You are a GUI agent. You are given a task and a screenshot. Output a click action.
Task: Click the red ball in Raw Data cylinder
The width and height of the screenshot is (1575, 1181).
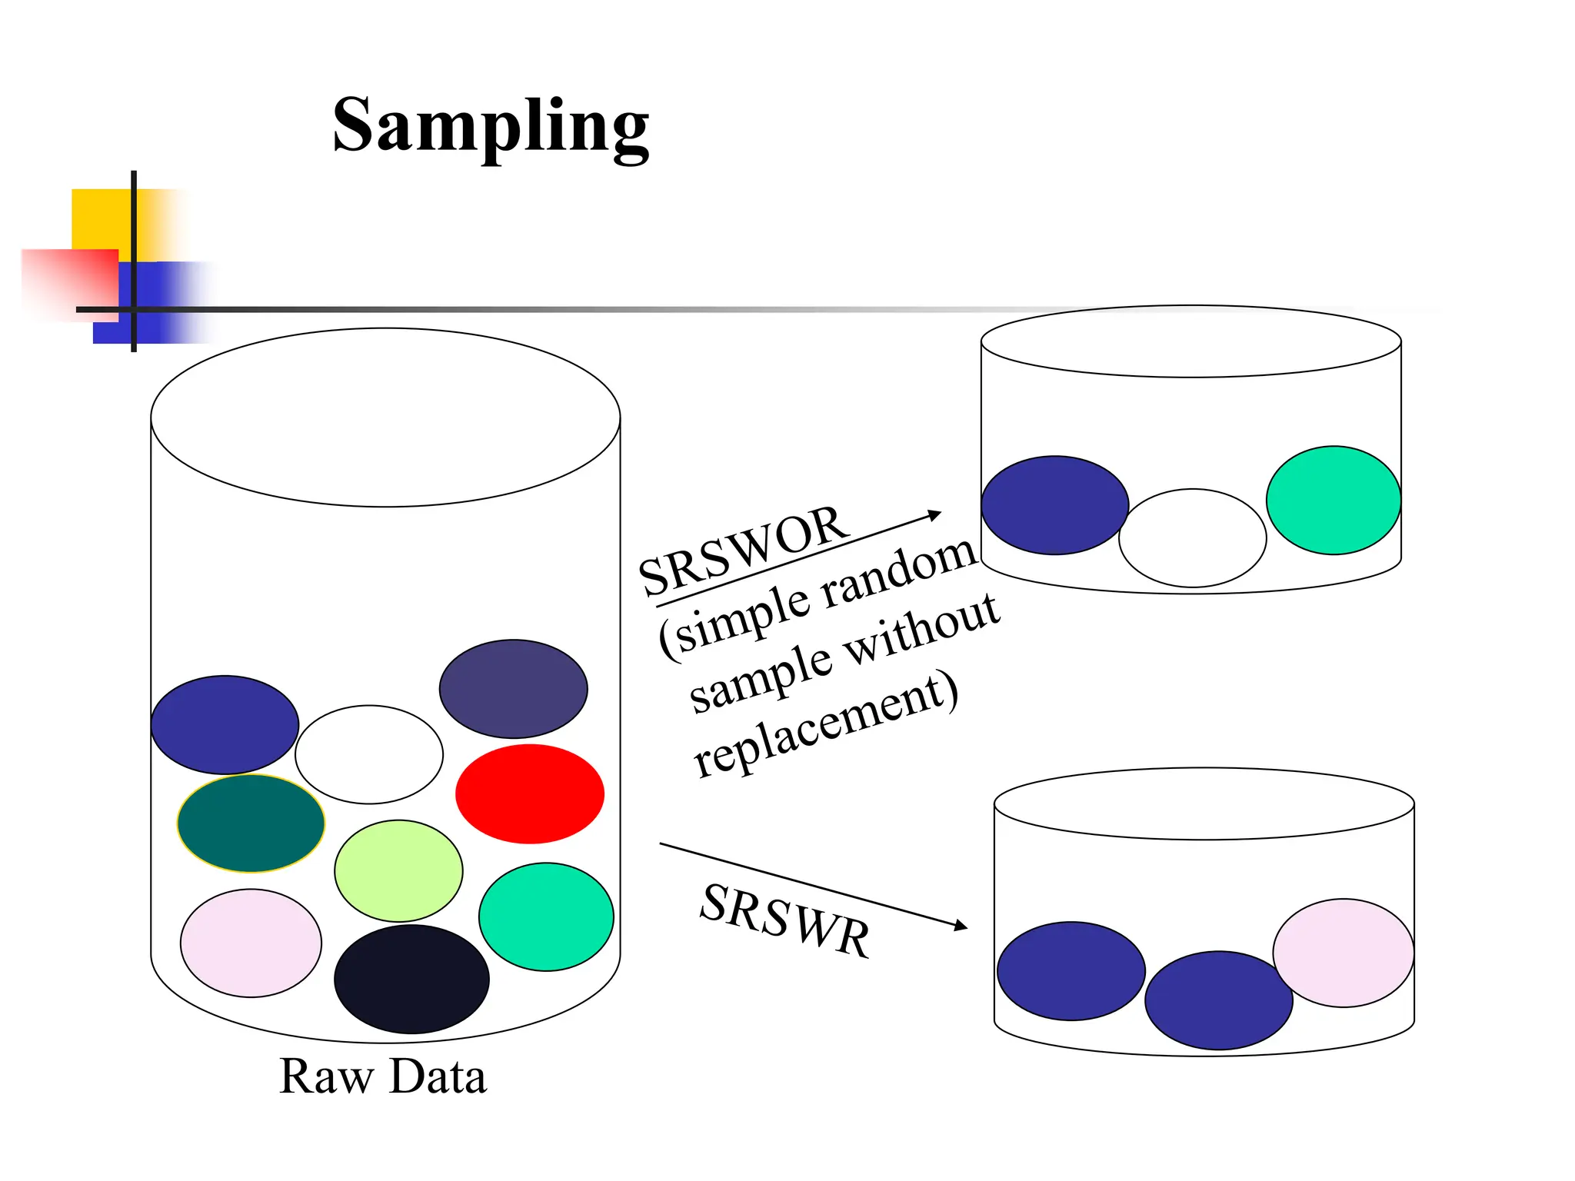pos(529,793)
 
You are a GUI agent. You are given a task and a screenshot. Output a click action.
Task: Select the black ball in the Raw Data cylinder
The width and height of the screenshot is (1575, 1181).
pos(411,979)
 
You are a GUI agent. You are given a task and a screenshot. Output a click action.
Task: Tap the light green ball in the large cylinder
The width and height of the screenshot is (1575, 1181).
pos(398,870)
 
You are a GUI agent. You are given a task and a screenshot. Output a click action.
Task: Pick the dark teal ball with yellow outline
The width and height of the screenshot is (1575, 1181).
pos(251,823)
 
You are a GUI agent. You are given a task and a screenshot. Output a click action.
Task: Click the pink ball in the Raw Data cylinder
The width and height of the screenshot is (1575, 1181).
pos(251,943)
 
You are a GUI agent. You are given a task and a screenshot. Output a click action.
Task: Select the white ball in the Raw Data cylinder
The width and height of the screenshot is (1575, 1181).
pos(369,754)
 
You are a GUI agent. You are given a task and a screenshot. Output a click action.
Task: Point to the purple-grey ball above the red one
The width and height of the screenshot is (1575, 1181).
pos(513,688)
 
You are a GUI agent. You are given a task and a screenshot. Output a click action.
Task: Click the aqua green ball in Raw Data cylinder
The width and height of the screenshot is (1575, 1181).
pos(546,917)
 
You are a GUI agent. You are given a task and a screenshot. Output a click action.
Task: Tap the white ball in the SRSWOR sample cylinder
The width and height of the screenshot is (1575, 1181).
pos(1192,537)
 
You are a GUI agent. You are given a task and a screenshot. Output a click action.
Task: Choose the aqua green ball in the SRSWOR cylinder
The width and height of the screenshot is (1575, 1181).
pos(1333,500)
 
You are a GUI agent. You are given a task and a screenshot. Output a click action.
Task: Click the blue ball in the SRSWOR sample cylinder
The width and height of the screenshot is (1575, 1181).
pos(1054,505)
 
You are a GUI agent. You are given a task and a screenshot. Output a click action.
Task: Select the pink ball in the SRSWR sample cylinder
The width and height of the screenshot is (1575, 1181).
pos(1343,952)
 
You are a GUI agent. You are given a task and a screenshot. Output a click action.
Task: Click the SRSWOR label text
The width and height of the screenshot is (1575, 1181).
pos(743,551)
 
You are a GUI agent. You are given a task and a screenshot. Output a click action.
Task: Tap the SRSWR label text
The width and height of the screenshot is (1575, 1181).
pos(784,920)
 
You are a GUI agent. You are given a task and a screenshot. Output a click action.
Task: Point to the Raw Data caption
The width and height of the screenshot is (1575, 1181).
pos(382,1076)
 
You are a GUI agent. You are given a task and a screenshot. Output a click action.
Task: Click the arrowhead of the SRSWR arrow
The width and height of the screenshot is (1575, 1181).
pos(961,926)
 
